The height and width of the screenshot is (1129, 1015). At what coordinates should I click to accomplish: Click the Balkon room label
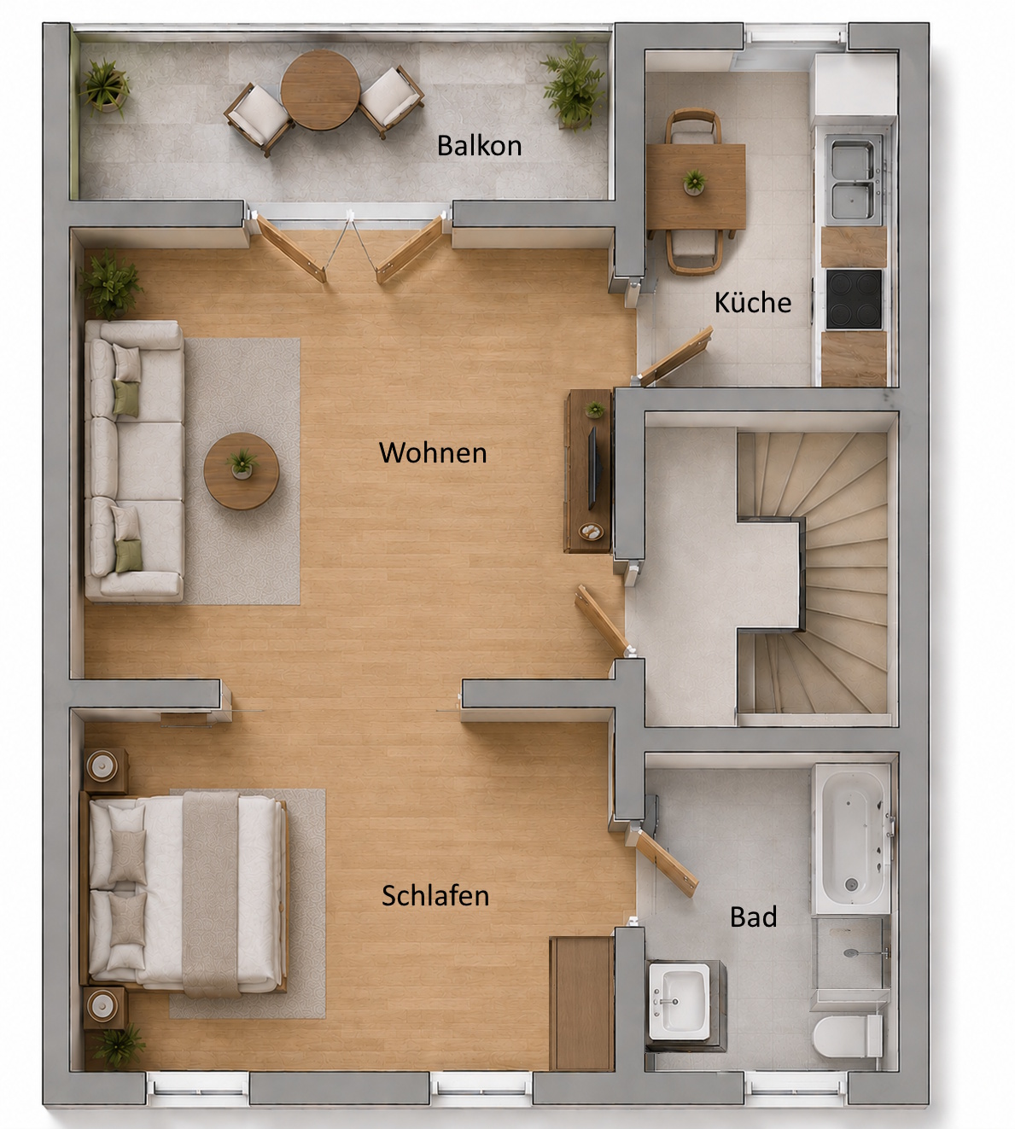(x=480, y=146)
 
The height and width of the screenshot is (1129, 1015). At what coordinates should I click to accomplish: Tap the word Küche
(x=753, y=302)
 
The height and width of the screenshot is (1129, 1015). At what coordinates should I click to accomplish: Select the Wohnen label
(x=433, y=452)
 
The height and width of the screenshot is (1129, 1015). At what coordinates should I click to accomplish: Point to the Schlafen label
(x=435, y=895)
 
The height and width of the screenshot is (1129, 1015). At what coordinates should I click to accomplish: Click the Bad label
(x=753, y=917)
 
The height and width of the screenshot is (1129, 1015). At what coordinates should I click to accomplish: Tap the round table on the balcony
(x=320, y=90)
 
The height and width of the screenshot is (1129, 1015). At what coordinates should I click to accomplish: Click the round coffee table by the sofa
(x=241, y=471)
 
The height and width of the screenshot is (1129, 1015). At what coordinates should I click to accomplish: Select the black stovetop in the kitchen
(x=854, y=299)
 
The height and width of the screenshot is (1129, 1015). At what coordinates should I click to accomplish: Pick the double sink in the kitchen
(x=854, y=179)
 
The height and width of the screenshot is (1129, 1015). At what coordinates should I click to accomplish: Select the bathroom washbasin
(x=680, y=1002)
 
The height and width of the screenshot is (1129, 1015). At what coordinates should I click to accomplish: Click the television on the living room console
(x=593, y=468)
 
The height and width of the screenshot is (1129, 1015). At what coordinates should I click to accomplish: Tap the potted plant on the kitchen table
(x=694, y=183)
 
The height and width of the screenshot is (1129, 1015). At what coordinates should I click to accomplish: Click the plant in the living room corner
(x=110, y=283)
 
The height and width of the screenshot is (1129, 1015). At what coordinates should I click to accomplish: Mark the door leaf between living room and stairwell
(x=602, y=620)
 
